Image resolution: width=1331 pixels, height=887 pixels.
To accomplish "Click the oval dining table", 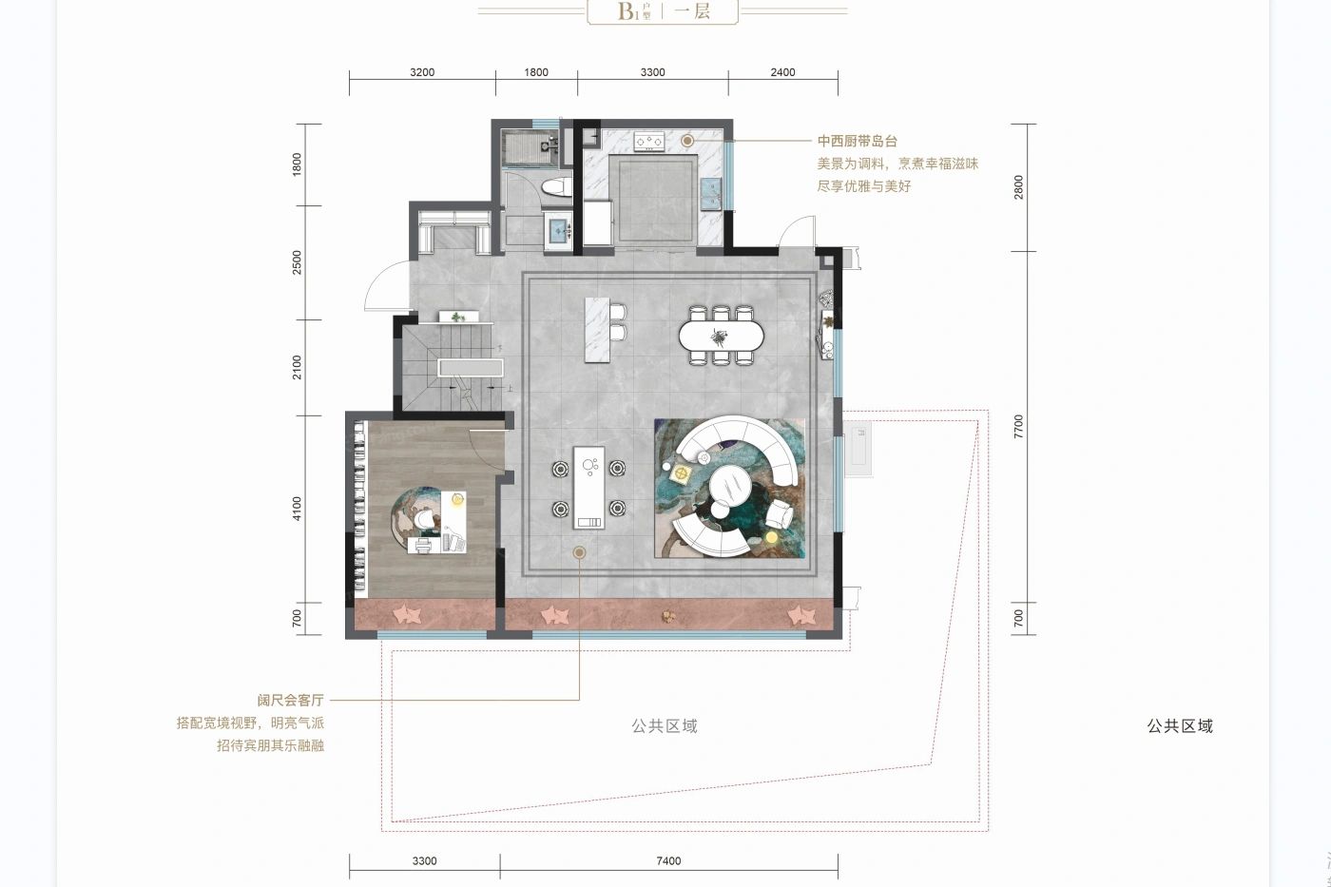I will click(721, 336).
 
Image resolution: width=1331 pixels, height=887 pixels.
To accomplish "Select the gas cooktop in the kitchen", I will click(649, 142).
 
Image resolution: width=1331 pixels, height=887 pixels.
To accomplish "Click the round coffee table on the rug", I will click(729, 488).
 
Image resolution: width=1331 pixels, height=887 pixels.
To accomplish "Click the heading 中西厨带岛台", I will click(857, 141).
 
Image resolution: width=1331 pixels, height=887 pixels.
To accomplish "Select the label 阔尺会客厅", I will click(290, 700).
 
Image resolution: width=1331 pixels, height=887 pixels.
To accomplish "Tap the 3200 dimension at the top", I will click(422, 72).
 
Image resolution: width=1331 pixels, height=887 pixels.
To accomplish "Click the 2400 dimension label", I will click(782, 72).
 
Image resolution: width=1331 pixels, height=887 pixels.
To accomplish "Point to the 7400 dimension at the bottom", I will click(668, 861).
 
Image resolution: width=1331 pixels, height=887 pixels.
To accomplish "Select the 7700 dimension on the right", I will click(1019, 426).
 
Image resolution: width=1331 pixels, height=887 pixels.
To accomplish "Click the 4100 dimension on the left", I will click(297, 509).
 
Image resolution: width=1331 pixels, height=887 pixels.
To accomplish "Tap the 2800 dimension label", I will click(1019, 187).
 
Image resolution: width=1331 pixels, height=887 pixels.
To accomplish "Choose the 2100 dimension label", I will click(297, 368).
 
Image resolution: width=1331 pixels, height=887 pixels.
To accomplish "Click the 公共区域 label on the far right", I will click(1179, 726).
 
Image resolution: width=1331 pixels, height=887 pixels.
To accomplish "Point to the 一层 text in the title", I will click(691, 11).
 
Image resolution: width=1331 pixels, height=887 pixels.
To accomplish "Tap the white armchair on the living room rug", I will click(780, 514).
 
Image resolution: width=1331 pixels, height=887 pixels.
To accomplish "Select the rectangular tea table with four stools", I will click(588, 487).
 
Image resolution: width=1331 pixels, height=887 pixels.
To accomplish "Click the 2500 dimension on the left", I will click(297, 263).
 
